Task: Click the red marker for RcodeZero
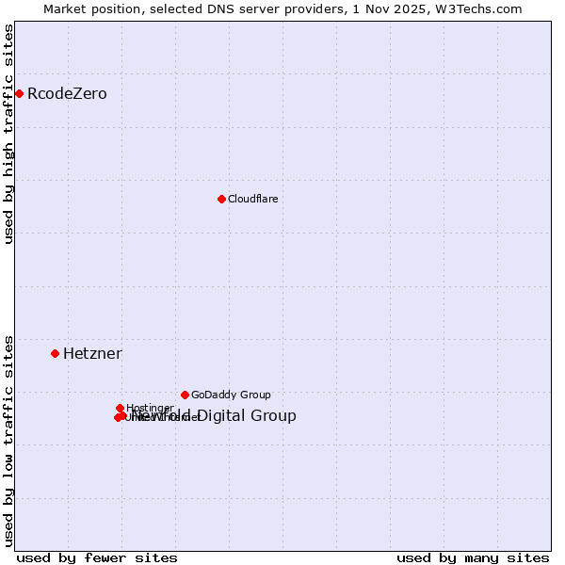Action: click(x=19, y=93)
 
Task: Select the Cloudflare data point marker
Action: click(x=221, y=199)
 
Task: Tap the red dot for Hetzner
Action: click(x=55, y=353)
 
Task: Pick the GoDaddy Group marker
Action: click(x=185, y=395)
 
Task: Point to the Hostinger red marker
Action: click(x=120, y=408)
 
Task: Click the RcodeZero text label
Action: click(x=67, y=94)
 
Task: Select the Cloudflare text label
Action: click(x=252, y=199)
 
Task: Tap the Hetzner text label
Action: click(x=92, y=354)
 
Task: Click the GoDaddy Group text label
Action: click(x=231, y=395)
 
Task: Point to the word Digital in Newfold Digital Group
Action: click(x=225, y=416)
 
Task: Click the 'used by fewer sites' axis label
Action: click(x=97, y=557)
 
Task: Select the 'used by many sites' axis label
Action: click(x=473, y=557)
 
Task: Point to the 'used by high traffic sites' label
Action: click(x=9, y=135)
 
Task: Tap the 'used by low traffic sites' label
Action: click(x=9, y=440)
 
